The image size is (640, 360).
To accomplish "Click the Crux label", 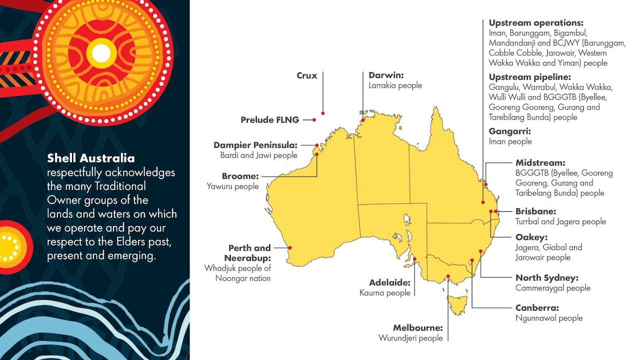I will (x=307, y=76).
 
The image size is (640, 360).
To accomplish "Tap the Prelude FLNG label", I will (x=269, y=120).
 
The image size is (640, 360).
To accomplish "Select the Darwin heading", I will (x=386, y=75).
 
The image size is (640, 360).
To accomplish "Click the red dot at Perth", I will (x=290, y=248).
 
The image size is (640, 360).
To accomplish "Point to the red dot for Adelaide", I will (x=414, y=259).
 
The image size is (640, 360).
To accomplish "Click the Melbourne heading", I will (x=418, y=328).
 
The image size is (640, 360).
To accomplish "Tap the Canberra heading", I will (x=537, y=308).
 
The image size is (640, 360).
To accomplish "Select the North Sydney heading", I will (x=547, y=278).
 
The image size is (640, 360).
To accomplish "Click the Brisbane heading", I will (x=536, y=211).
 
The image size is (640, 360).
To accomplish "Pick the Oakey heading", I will (x=531, y=237).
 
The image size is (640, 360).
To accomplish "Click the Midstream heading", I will (x=540, y=163).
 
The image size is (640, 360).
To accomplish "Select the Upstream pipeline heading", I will (x=530, y=77).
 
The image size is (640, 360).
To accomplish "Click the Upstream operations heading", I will (x=536, y=23).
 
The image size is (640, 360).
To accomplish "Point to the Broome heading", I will (x=240, y=176).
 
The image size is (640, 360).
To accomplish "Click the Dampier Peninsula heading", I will (x=255, y=145).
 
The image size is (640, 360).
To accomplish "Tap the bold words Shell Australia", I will (x=91, y=159).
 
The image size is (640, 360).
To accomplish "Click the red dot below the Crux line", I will (x=323, y=113).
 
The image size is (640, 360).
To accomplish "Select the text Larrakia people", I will (x=395, y=85).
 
